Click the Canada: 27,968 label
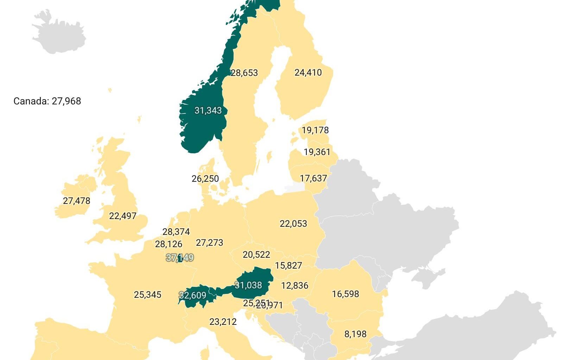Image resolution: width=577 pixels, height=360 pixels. [47, 101]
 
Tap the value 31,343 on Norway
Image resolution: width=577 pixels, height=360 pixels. [208, 111]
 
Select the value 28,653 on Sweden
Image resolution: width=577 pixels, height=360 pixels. [244, 73]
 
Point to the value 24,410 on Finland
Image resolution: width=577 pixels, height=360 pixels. [308, 73]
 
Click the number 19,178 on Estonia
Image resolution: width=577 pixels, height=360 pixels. [315, 130]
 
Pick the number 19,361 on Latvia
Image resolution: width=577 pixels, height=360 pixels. [317, 152]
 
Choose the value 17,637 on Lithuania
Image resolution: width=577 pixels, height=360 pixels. [313, 179]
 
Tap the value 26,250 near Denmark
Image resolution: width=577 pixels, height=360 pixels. [205, 179]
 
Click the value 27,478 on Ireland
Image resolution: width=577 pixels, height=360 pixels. [76, 201]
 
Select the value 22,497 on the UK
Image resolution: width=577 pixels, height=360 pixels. [122, 216]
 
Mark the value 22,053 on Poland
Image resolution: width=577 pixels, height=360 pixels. [293, 224]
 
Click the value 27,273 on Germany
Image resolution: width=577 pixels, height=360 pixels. [209, 243]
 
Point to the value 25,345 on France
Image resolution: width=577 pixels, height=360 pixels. [147, 295]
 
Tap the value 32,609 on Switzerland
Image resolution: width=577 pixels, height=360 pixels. [192, 296]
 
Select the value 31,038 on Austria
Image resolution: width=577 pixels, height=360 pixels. [248, 285]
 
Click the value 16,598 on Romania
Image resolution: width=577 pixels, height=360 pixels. [345, 294]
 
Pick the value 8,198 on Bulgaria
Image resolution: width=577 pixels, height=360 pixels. [355, 334]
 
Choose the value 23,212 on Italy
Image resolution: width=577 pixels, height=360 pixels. [223, 322]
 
